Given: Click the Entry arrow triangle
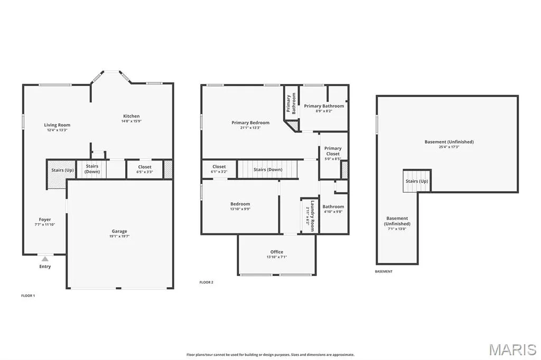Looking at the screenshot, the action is [45, 259].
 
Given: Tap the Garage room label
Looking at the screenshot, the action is [119, 231].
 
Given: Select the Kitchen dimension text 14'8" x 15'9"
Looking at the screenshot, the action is [132, 121].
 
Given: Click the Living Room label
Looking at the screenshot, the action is [57, 125].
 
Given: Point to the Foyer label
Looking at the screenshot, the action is [45, 219].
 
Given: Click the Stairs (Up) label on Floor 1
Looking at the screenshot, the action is [62, 170].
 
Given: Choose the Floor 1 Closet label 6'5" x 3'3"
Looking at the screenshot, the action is [145, 169].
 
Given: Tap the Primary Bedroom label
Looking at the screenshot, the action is [250, 122].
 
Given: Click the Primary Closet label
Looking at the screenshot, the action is [333, 151].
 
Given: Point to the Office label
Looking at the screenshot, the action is [277, 252].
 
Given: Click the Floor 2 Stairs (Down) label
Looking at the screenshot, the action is [268, 169].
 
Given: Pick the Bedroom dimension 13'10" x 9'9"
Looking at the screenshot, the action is [240, 209].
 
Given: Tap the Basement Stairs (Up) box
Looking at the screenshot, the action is [417, 181].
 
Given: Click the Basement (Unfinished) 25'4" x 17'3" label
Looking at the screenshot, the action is [449, 144].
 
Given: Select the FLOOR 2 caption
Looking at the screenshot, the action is [207, 282].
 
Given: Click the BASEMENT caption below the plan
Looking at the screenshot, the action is [384, 272].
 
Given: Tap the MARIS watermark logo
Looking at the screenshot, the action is [512, 349].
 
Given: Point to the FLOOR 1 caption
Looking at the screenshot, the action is [29, 296].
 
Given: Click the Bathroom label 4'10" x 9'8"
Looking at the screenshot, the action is [333, 209].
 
